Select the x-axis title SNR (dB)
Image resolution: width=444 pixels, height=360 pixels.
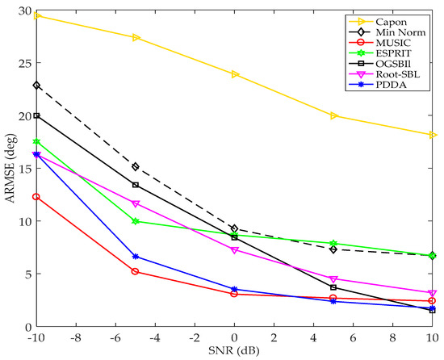tap(234, 351)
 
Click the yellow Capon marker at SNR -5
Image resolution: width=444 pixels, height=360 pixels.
tap(136, 37)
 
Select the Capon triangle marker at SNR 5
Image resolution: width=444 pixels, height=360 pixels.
tap(333, 115)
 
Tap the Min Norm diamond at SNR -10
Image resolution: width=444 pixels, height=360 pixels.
tap(36, 85)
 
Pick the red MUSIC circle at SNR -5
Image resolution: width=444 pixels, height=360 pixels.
tap(136, 271)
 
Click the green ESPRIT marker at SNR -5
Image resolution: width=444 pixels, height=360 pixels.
tap(136, 221)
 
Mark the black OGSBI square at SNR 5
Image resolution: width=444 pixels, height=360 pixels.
tap(333, 287)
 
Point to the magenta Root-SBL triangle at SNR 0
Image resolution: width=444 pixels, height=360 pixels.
tap(234, 250)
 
